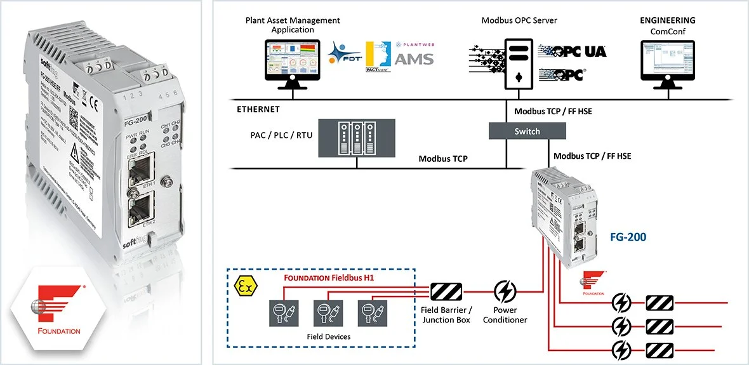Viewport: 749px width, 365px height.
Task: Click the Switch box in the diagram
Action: [x=527, y=131]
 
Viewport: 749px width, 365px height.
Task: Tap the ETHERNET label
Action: [x=258, y=109]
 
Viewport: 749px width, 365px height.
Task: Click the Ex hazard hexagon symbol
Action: [x=244, y=286]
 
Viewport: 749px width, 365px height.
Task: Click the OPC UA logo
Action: [x=573, y=51]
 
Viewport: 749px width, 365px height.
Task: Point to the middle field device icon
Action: [x=323, y=310]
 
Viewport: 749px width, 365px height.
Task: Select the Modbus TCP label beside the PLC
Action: [x=443, y=159]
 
